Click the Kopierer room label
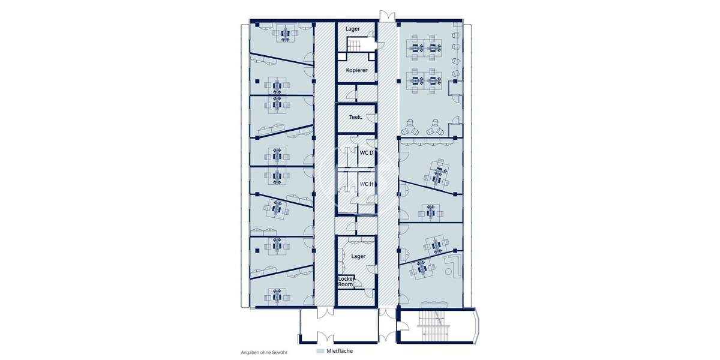pyautogui.click(x=356, y=70)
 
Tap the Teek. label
pyautogui.click(x=356, y=118)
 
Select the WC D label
pyautogui.click(x=366, y=153)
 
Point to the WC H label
pyautogui.click(x=366, y=184)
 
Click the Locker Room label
pyautogui.click(x=346, y=282)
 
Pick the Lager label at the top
pyautogui.click(x=352, y=29)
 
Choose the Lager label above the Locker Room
pyautogui.click(x=359, y=256)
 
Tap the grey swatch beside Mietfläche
pyautogui.click(x=320, y=350)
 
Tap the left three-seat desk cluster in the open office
pyautogui.click(x=411, y=127)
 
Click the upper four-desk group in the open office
pyautogui.click(x=425, y=46)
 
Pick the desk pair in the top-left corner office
pyautogui.click(x=285, y=34)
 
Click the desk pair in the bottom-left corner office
pyautogui.click(x=277, y=296)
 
